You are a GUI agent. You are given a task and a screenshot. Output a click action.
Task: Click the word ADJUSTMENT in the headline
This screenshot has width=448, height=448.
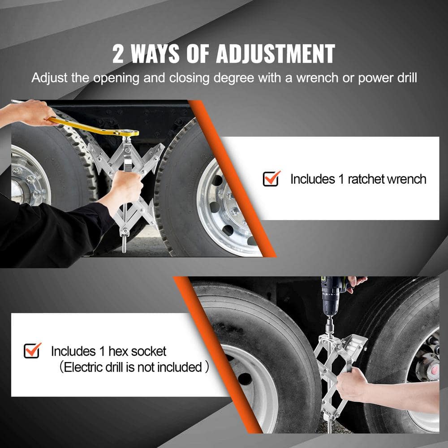coord(275,54)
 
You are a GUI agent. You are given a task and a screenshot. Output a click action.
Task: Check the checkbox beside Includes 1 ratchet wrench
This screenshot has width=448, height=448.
coord(271,178)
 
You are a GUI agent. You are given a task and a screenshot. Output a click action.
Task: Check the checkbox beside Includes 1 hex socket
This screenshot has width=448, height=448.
coord(32,350)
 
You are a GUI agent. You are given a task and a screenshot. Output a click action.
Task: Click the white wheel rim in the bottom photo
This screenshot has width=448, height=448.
coord(251,385)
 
